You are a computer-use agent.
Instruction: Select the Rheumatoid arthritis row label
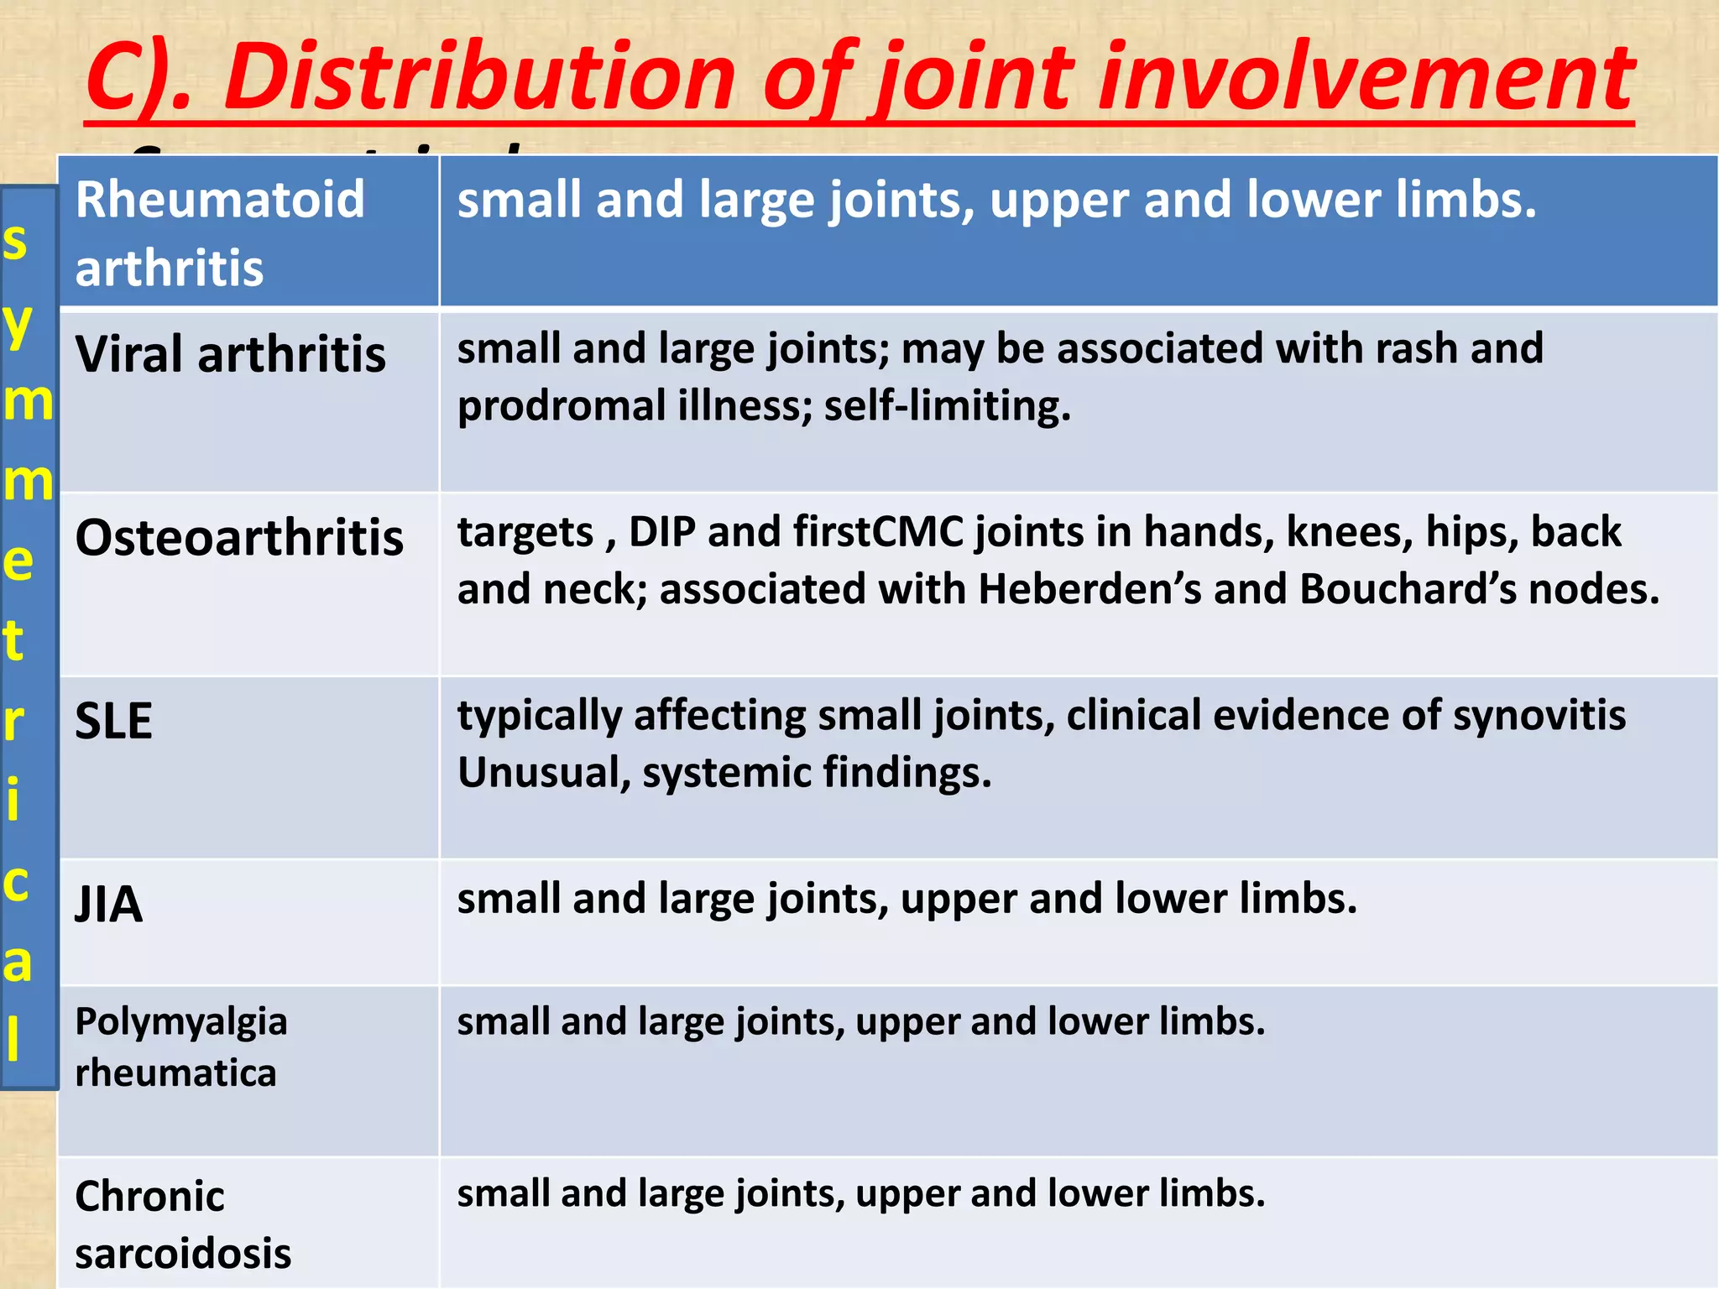click(220, 233)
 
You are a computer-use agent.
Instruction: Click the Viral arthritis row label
click(231, 354)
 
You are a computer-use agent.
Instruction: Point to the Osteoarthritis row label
click(239, 537)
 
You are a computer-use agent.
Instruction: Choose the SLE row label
click(114, 721)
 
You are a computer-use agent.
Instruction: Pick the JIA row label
click(109, 904)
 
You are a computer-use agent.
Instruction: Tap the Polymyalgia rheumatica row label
click(180, 1046)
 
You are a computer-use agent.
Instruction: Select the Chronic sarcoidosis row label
click(183, 1224)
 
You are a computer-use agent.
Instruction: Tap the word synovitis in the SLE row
click(1539, 716)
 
